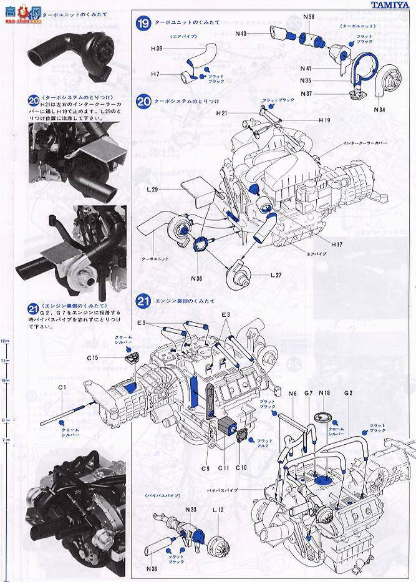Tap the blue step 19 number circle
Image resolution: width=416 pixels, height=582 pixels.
click(143, 24)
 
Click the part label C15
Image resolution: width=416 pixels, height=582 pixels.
click(93, 357)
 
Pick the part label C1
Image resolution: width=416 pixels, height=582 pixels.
click(62, 388)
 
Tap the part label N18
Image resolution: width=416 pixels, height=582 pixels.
click(324, 394)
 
